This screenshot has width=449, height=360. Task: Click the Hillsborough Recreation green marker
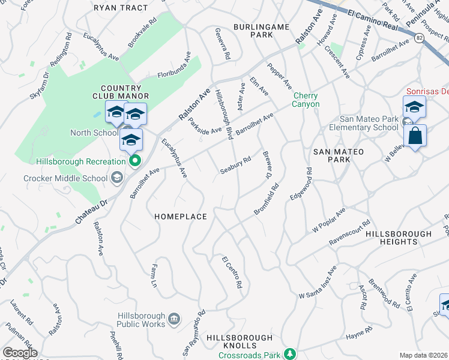click(135, 160)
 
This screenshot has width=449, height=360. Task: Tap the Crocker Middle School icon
click(116, 178)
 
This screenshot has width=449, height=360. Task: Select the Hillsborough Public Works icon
click(174, 317)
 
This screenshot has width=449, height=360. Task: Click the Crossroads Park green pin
click(290, 353)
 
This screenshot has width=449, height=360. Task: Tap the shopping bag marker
click(415, 137)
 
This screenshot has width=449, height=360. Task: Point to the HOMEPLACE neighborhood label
click(181, 217)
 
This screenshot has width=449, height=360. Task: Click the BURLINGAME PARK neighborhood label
click(262, 31)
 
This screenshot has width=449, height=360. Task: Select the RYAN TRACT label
click(121, 8)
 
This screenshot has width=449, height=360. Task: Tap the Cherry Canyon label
click(306, 100)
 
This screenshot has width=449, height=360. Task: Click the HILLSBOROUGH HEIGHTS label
click(399, 238)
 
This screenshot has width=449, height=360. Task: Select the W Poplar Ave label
click(329, 221)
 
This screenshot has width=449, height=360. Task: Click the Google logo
click(20, 353)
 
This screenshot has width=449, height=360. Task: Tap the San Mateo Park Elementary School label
click(369, 123)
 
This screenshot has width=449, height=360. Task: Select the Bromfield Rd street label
click(267, 199)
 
